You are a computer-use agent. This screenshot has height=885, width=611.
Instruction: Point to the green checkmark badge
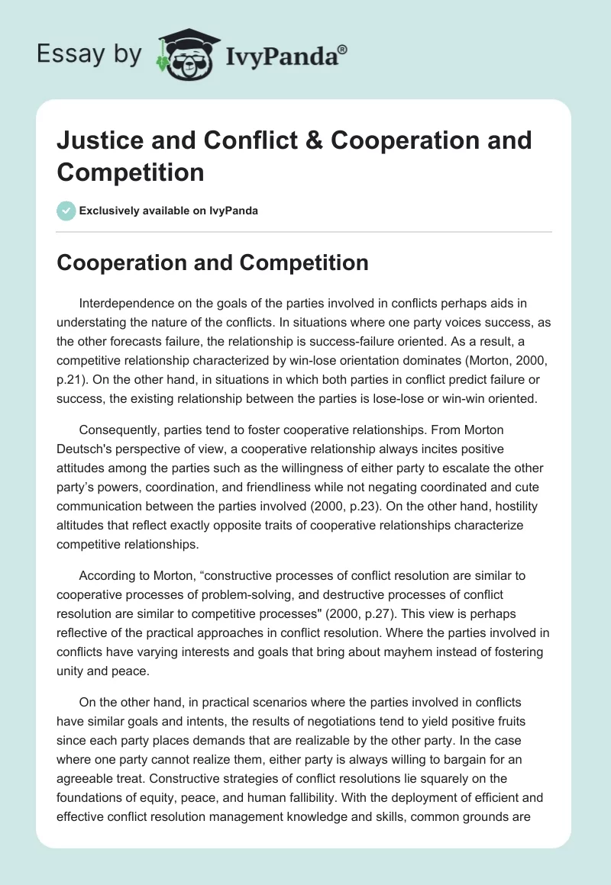(66, 211)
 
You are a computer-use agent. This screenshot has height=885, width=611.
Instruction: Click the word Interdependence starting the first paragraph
(125, 304)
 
